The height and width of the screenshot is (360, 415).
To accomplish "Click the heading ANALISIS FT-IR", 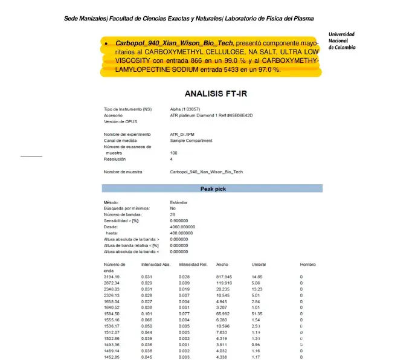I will (x=216, y=94).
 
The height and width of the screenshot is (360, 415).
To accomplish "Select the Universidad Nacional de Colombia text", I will (x=341, y=40).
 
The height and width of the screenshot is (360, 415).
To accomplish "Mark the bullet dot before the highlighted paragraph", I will (x=106, y=44).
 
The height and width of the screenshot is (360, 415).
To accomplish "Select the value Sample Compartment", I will (x=191, y=140).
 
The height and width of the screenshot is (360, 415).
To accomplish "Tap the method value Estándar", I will (x=179, y=202).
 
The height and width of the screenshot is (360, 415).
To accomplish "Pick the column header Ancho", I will (x=222, y=265).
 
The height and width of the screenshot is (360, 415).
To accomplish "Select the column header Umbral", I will (x=259, y=265).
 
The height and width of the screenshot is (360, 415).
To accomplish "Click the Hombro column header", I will (x=307, y=265).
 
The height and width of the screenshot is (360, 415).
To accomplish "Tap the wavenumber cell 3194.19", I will (x=112, y=277).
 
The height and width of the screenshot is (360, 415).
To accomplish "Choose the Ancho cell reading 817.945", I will (x=224, y=277).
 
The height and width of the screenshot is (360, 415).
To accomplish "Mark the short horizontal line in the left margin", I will (x=31, y=156).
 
